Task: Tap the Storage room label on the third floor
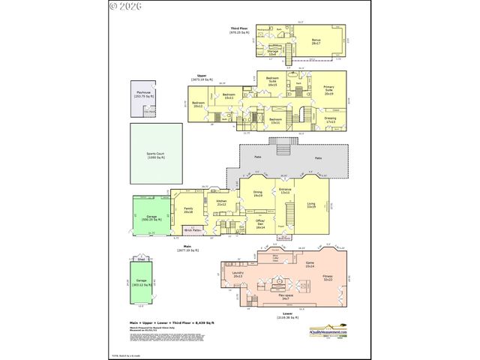tap(273, 52)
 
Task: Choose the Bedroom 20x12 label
tap(198, 104)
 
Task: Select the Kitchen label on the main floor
tap(221, 202)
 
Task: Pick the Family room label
tap(188, 211)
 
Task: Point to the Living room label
tap(310, 205)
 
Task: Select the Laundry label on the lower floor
tap(238, 274)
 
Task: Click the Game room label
tap(309, 263)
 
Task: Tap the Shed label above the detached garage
tap(139, 259)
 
